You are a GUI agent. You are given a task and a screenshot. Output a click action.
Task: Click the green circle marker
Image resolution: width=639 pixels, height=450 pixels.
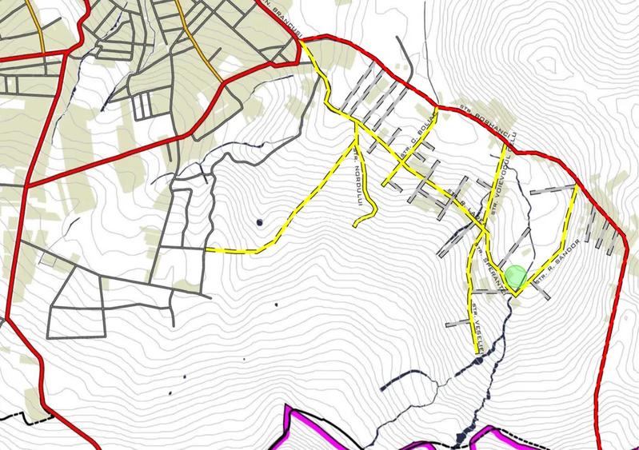517,277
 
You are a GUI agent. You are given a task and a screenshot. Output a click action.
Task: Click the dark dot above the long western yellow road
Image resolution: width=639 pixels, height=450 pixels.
260,221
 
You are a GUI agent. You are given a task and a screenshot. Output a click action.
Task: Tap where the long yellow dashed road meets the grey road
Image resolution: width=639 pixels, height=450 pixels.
206,249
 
